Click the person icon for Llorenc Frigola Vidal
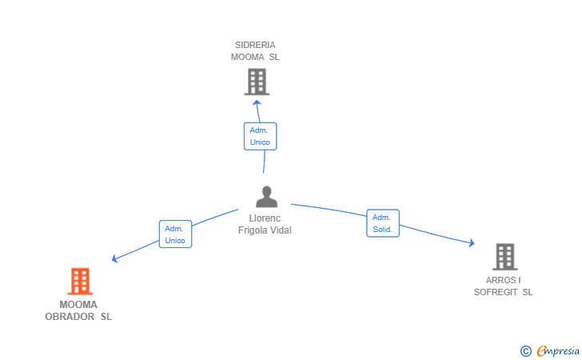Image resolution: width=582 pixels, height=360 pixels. click(266, 197)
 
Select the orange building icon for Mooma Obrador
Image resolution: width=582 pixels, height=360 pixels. click(80, 282)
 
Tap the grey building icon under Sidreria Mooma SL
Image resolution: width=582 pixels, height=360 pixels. click(257, 82)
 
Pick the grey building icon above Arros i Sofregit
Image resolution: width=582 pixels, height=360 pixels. click(505, 257)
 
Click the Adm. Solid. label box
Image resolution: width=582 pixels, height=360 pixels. click(383, 223)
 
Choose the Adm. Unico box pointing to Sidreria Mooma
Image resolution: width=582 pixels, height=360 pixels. click(260, 136)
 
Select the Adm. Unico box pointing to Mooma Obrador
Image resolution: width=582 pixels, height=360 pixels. click(175, 234)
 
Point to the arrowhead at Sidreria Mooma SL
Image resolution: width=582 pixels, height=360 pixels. click(257, 103)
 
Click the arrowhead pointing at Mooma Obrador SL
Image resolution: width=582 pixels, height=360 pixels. click(114, 258)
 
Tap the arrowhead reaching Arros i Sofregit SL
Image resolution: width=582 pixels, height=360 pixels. click(472, 243)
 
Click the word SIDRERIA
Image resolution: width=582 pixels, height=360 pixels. click(255, 45)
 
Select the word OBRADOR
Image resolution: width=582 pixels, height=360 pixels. click(70, 317)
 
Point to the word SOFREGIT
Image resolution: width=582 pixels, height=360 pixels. click(496, 292)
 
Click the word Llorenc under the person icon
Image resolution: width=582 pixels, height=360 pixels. click(265, 218)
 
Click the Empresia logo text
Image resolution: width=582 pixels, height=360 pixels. click(558, 350)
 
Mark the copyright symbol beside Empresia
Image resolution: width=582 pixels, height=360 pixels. click(526, 351)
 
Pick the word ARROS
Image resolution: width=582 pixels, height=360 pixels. click(500, 280)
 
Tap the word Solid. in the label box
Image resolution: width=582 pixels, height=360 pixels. click(382, 230)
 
